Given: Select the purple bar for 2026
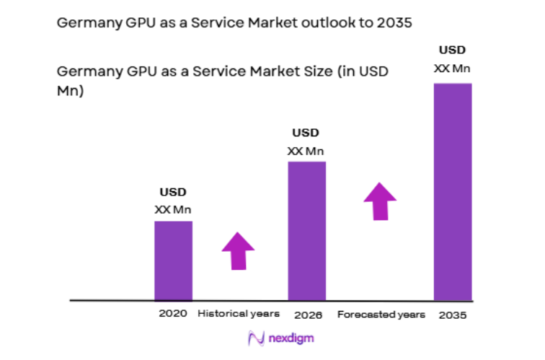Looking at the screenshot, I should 306,230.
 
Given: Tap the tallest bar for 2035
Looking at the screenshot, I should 452,191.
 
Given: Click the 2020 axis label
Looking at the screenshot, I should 173,314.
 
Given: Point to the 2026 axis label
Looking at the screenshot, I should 308,315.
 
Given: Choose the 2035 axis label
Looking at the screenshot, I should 452,315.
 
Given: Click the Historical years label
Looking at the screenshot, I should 238,314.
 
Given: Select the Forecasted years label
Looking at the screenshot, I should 381,315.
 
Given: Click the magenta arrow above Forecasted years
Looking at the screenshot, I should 379,201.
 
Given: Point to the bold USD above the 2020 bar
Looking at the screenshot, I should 173,192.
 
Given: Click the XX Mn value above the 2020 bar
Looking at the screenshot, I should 173,210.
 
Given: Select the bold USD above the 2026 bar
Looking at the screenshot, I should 306,133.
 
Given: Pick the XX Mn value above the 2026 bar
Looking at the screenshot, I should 306,151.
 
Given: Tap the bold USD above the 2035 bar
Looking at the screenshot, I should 452,50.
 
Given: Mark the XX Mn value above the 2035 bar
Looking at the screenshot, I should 452,68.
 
